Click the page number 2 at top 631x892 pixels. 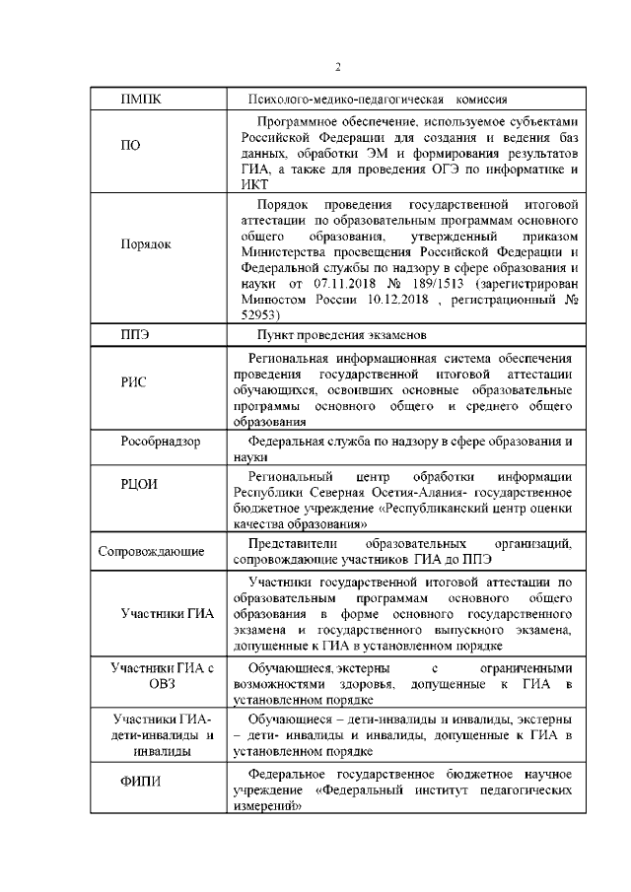(337, 67)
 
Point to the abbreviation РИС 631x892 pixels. (134, 382)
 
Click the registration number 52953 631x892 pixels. (259, 314)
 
